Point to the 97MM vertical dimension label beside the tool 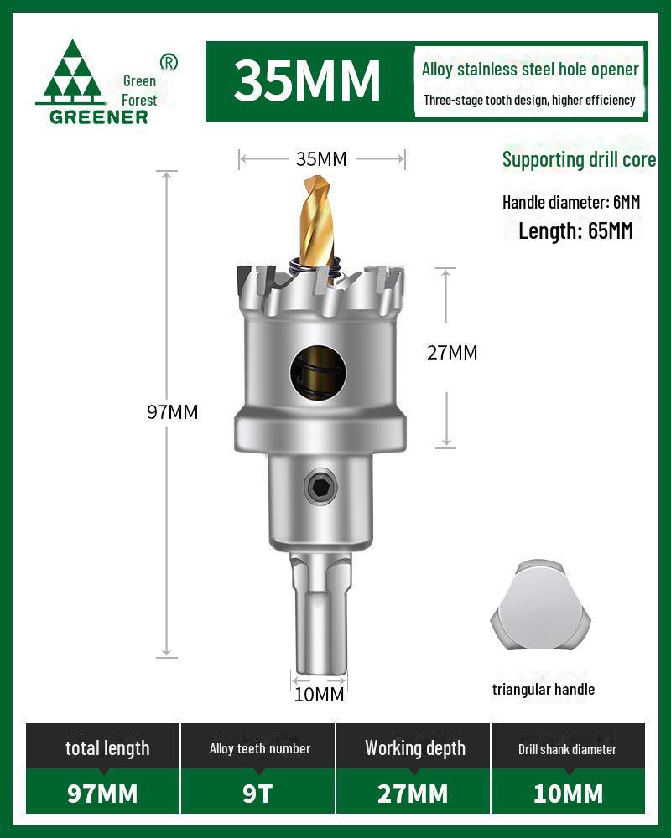[x=173, y=412]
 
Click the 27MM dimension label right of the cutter [x=452, y=353]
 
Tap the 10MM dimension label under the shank [x=319, y=695]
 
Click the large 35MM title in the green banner [x=307, y=80]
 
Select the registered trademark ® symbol [x=169, y=62]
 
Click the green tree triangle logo [x=70, y=72]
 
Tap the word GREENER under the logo [x=98, y=117]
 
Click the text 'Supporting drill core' [x=579, y=159]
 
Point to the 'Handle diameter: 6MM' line [x=570, y=202]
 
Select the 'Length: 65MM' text [x=575, y=231]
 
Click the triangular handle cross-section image [x=541, y=605]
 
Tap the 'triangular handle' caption [x=544, y=690]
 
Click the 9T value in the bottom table [x=258, y=793]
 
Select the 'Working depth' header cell [x=414, y=748]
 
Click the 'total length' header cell [x=107, y=748]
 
